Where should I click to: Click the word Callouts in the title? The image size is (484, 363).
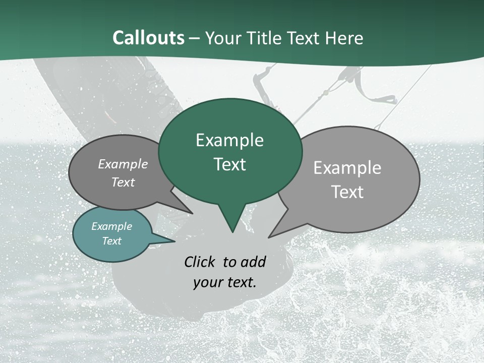pos(148,38)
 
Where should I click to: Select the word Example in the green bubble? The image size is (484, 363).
pos(229,140)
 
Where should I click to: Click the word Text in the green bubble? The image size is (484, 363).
pos(229,164)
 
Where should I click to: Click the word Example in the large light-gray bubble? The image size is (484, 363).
pos(347,168)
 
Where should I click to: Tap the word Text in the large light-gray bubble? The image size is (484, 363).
pos(347,192)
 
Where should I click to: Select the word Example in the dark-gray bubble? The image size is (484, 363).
pos(123,164)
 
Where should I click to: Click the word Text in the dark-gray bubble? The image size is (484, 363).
pos(123,182)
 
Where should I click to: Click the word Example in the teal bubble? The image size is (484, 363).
pos(111,226)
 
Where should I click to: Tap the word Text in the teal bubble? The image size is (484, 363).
pos(111,241)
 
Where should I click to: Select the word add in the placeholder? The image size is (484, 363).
pos(253,262)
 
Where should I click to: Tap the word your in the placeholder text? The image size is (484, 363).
pos(207,282)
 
